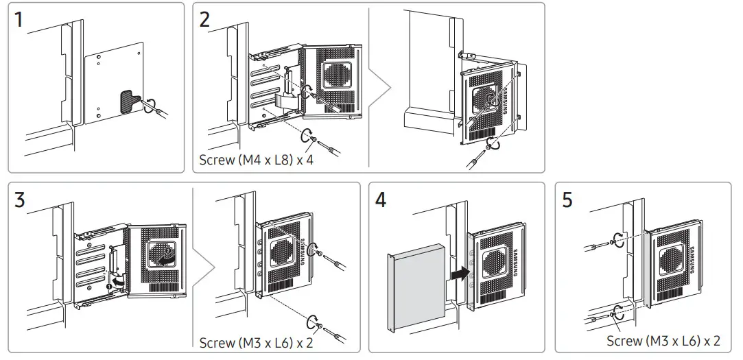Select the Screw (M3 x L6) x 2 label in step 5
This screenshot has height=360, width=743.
point(663,340)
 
